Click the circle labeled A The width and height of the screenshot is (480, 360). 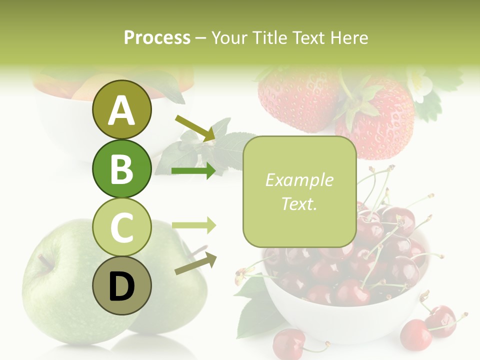121,110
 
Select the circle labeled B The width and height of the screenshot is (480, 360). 121,168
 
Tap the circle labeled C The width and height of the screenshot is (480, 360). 121,227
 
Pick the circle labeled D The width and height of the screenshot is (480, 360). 121,285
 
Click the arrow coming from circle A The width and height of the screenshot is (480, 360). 195,127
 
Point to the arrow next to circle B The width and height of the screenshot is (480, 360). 194,171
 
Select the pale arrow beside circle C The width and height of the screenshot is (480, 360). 194,225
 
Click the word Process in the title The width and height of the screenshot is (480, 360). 157,37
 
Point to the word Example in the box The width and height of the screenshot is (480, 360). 299,180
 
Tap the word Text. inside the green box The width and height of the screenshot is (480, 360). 299,204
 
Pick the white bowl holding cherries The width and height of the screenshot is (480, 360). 345,320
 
